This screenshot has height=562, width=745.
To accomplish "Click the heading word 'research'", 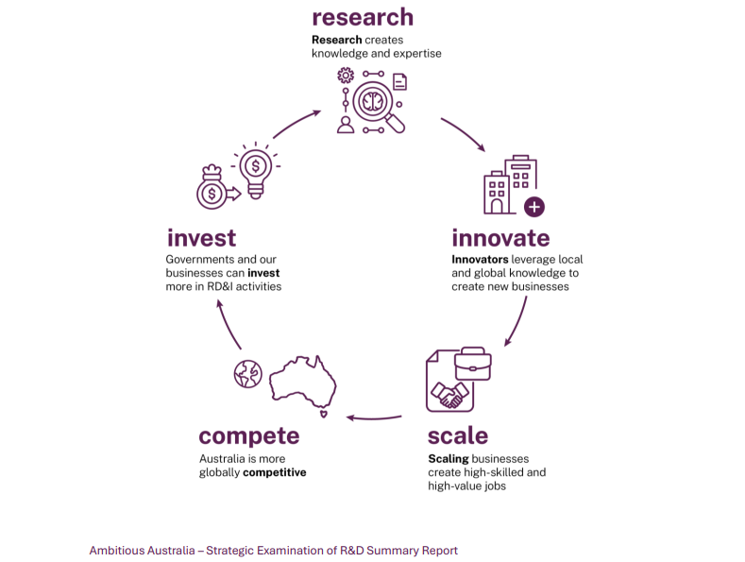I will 363,17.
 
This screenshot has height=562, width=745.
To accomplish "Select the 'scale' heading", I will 458,435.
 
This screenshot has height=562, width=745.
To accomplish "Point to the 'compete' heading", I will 248,435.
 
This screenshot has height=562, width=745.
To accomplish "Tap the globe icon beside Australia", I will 246,374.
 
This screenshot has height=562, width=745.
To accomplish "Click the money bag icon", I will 212,188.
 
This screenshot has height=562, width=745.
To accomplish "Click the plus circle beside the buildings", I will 534,207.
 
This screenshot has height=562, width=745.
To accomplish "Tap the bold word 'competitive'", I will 275,472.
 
